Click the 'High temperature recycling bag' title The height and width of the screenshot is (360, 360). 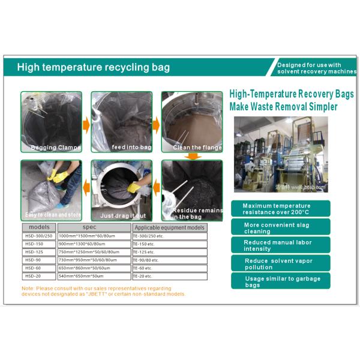pyautogui.click(x=93, y=67)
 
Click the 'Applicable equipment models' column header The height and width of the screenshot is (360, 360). pyautogui.click(x=169, y=228)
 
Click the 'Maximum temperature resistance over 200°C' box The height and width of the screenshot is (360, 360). pyautogui.click(x=280, y=209)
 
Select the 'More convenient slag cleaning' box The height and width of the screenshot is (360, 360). pyautogui.click(x=280, y=227)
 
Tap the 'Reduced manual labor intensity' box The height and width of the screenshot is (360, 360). pyautogui.click(x=280, y=245)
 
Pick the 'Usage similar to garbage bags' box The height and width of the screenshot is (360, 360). pyautogui.click(x=280, y=281)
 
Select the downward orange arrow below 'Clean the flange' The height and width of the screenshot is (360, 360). pyautogui.click(x=191, y=157)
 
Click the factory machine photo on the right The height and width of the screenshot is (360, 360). pyautogui.click(x=281, y=155)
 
